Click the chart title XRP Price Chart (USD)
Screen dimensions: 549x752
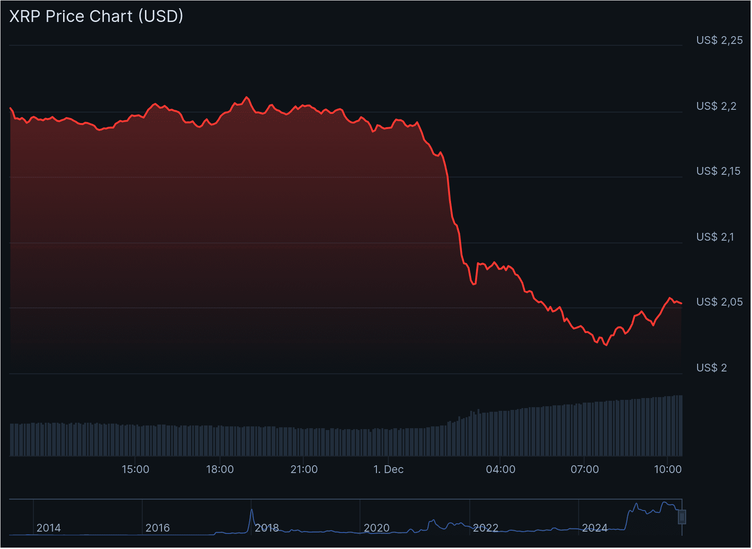(x=96, y=16)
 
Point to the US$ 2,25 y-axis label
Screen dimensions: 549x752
(x=719, y=40)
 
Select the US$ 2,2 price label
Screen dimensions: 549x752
(x=716, y=106)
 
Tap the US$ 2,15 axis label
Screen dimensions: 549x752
(x=718, y=171)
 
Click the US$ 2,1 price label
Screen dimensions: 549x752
(x=714, y=237)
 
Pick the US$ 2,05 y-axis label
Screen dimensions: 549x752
(x=719, y=302)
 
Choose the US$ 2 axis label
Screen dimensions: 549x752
(x=711, y=368)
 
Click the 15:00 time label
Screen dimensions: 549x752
(x=135, y=469)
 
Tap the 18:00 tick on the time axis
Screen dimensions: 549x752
(x=220, y=469)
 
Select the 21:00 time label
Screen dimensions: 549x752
(x=304, y=469)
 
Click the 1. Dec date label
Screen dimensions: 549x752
(x=388, y=469)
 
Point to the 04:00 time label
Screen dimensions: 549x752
(x=500, y=469)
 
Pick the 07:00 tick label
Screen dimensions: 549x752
(x=585, y=469)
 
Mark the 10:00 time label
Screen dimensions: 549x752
(x=668, y=469)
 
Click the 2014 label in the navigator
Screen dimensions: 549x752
(x=48, y=528)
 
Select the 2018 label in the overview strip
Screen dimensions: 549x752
(x=267, y=528)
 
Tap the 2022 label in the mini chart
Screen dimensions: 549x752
(x=485, y=528)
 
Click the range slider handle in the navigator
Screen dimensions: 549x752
(x=682, y=517)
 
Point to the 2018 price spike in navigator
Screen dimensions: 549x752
(x=252, y=510)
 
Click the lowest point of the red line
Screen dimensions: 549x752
(x=606, y=345)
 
